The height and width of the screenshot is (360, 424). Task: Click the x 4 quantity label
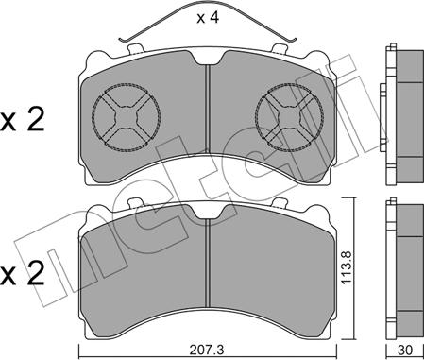208,18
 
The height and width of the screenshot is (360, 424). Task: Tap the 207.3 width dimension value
208,350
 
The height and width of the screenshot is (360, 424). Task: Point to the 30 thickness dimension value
406,350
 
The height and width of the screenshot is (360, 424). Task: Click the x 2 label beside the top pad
22,120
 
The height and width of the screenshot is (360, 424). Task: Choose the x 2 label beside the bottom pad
22,273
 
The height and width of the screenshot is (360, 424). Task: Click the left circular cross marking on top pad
127,116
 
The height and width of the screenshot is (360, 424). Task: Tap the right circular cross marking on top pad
289,116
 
